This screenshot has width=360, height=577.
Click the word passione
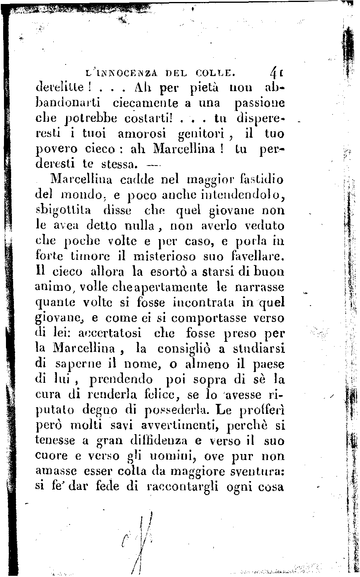[x=259, y=103]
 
